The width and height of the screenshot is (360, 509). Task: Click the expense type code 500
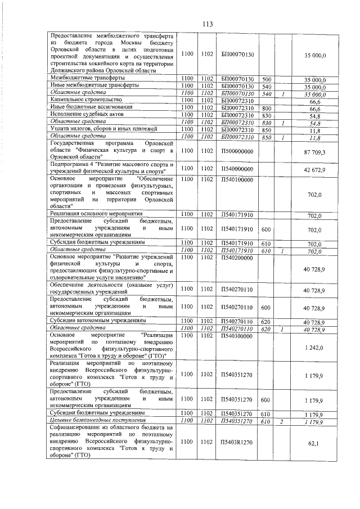tap(267, 79)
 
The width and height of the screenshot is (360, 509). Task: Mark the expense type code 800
tap(267, 107)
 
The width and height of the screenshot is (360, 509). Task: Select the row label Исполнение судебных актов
tap(83, 114)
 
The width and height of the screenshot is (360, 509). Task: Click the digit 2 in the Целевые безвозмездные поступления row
tap(283, 420)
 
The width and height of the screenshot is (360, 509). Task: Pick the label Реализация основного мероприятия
tap(96, 215)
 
